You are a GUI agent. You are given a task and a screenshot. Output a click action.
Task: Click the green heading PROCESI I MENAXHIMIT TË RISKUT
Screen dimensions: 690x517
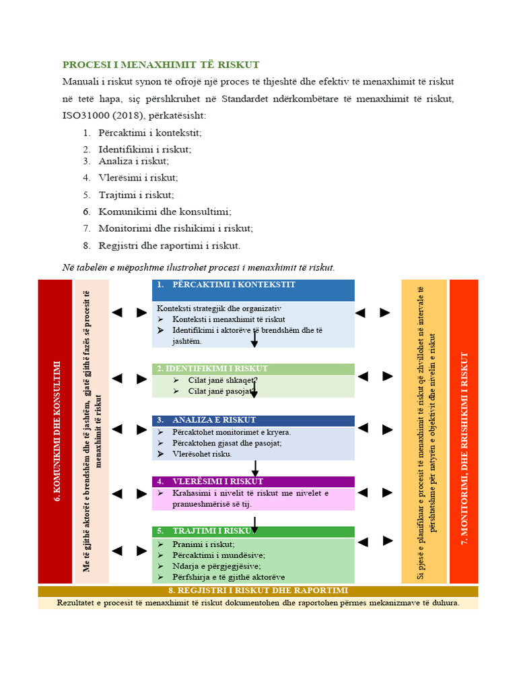[161, 65]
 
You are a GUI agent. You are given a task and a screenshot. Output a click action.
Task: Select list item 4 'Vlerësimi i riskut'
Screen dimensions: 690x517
[138, 178]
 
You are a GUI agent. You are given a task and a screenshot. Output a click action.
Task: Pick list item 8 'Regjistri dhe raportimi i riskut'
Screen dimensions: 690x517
[169, 245]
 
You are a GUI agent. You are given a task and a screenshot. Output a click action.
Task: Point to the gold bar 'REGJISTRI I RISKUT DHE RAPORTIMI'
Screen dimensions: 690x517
[257, 590]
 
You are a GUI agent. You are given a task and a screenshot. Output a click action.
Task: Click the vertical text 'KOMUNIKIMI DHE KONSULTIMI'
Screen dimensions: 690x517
[56, 431]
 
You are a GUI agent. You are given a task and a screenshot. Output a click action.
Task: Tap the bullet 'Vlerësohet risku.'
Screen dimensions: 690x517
[202, 454]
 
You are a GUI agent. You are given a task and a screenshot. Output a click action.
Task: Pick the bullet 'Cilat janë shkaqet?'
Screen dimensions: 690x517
[215, 379]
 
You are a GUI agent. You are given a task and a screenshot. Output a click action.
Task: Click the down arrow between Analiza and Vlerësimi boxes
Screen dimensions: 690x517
[255, 468]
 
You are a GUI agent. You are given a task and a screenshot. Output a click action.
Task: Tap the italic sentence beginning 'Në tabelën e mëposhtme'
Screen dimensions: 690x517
[198, 268]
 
